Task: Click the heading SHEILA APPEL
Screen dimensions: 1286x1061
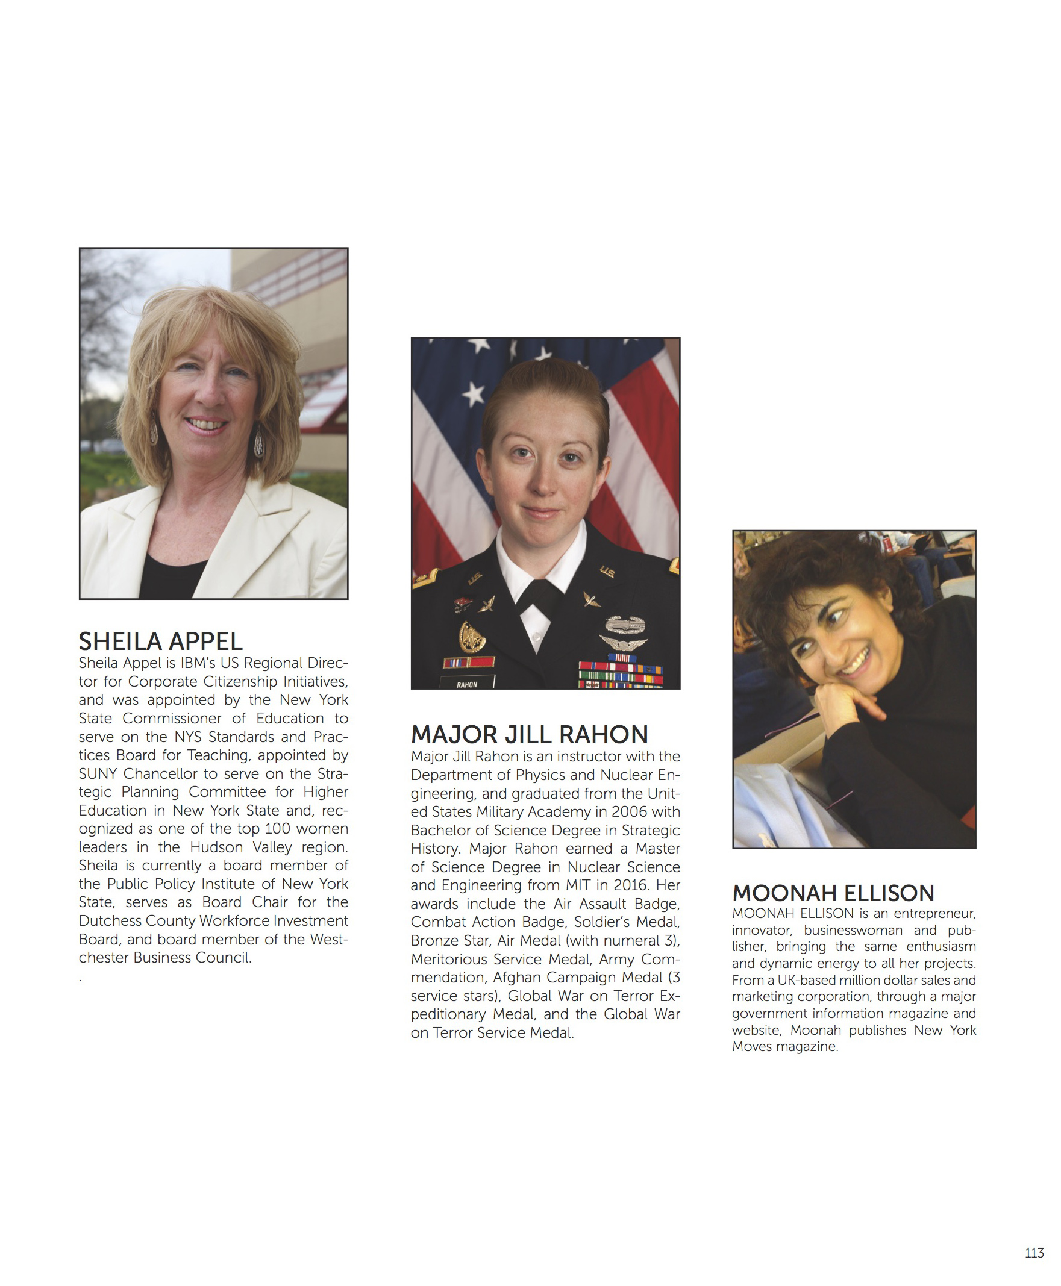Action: coord(160,641)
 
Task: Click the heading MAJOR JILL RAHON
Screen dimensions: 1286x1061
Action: coord(529,734)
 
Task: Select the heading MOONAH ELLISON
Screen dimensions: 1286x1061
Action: coord(833,893)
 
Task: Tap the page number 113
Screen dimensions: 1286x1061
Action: coord(1034,1253)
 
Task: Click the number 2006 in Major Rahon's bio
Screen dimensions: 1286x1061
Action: coord(629,812)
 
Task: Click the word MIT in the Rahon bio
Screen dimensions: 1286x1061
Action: coord(580,885)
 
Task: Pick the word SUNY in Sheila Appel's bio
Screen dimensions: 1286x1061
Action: coord(97,774)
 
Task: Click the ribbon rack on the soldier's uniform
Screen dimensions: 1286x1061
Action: coord(621,675)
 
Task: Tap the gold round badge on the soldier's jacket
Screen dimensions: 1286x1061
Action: coord(472,637)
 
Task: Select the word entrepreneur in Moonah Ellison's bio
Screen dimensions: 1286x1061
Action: coord(934,914)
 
